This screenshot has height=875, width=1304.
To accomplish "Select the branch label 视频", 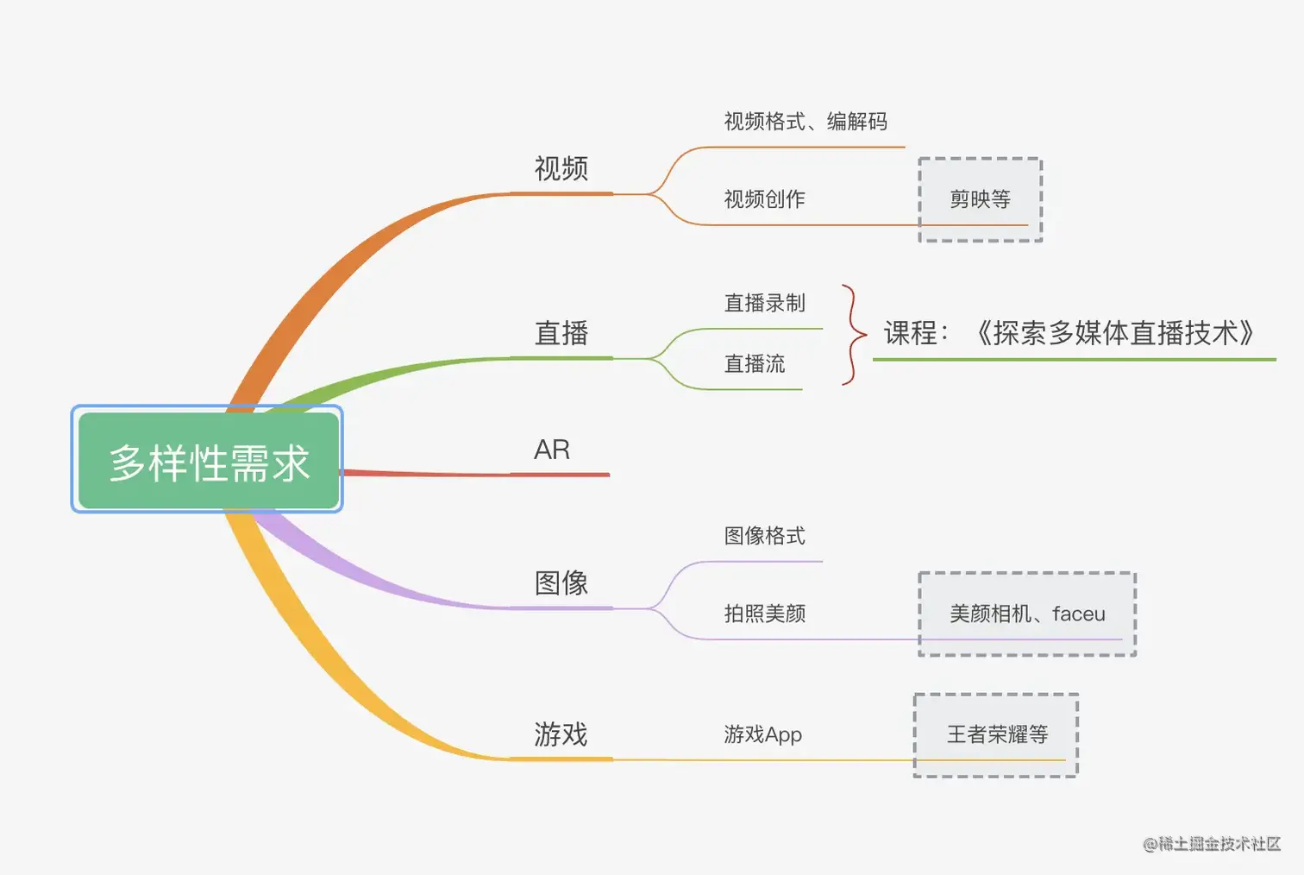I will (561, 168).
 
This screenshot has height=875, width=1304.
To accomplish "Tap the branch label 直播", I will (561, 333).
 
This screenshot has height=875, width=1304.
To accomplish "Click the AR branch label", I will (552, 450).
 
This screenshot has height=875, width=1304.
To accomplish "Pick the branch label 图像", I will (561, 583).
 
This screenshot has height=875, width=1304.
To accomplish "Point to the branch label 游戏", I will (561, 734).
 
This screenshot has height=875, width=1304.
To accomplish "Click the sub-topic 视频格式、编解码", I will (805, 122).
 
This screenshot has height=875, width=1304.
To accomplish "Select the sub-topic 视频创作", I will (764, 199).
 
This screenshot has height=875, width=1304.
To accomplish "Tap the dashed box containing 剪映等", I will (980, 199).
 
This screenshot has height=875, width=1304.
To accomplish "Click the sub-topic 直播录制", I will (764, 303).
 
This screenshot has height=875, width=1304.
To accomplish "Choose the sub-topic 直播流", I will (755, 364).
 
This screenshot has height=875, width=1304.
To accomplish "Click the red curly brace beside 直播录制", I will (853, 334).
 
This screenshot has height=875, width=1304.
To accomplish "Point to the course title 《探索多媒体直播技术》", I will (1113, 333).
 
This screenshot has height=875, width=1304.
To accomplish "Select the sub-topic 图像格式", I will (764, 536).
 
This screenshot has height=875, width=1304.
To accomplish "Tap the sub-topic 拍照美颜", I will (764, 614).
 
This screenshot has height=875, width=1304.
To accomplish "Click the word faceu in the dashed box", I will (1078, 614).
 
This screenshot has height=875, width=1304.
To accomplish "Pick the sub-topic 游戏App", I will (762, 734).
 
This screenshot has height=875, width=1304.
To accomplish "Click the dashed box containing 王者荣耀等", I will (996, 734).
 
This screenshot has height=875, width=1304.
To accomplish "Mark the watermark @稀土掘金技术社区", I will (1212, 844).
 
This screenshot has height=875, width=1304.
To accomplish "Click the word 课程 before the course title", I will (911, 333).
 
